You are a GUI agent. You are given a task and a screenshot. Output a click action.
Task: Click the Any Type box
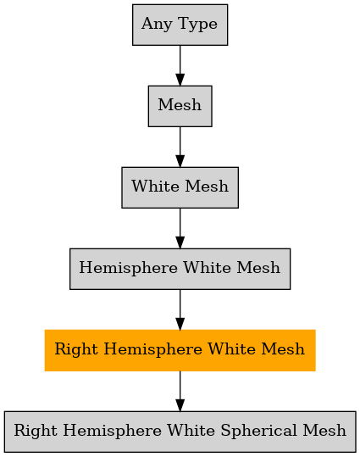pos(180,25)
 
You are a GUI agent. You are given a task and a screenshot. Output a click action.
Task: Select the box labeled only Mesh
pos(180,106)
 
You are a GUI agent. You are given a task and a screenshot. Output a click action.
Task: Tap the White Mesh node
pos(180,187)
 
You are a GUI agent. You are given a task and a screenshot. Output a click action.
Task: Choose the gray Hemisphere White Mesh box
pos(180,269)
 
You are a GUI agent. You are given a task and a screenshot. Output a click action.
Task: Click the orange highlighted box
pos(180,350)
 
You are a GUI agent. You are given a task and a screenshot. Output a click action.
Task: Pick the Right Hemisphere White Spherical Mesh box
pos(180,432)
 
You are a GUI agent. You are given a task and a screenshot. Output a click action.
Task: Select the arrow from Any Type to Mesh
pos(180,65)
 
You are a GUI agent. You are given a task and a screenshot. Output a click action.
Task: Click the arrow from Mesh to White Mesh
pos(180,147)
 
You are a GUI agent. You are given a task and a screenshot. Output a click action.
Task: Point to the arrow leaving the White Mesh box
pos(180,228)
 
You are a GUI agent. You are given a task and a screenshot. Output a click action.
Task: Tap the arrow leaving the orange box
pos(180,391)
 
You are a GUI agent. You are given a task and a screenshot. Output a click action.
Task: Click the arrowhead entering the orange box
pos(180,324)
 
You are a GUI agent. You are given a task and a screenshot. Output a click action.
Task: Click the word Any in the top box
pos(157,24)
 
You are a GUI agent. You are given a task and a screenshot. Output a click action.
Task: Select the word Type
pos(197,24)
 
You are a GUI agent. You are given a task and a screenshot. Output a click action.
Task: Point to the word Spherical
pos(258,431)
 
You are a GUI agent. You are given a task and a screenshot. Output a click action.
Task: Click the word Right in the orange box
pos(76,349)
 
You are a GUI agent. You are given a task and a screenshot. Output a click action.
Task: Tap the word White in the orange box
pos(231,348)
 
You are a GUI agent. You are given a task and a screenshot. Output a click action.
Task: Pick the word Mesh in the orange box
pos(283,348)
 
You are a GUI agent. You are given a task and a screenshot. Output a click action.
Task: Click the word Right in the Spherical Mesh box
pos(36,431)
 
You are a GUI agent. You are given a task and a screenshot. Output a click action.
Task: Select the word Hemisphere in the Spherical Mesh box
pos(112,431)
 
